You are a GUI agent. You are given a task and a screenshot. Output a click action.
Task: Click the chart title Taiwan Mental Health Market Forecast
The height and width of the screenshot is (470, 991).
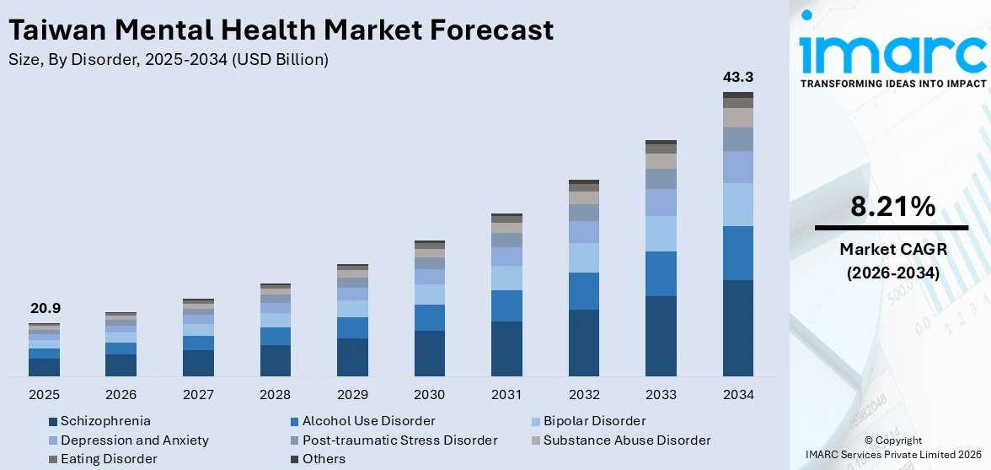coord(281,30)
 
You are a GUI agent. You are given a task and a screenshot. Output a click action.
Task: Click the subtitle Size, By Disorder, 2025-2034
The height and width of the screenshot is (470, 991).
coord(168,60)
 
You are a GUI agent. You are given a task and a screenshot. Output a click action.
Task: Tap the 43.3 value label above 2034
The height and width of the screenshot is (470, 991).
coord(737,77)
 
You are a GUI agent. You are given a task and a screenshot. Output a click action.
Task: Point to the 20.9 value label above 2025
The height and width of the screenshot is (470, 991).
coord(44,309)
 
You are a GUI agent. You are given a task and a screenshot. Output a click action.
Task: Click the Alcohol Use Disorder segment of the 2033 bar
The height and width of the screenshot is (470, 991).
coord(661,273)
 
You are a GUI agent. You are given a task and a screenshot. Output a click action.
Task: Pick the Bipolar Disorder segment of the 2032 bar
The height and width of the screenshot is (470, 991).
coord(583,257)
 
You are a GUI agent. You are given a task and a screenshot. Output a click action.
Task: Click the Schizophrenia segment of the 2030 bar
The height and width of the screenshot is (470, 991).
coord(429,353)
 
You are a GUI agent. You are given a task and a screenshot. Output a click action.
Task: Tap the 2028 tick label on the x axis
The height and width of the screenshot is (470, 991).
coord(276,395)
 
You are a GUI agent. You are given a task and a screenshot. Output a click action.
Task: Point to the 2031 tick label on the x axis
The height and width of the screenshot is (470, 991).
coord(506,395)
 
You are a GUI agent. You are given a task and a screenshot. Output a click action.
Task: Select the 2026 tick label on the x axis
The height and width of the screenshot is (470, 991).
coord(121,395)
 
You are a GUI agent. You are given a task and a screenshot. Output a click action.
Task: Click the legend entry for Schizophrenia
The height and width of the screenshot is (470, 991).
coord(105,420)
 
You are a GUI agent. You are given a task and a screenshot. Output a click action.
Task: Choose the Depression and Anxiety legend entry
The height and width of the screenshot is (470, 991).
coord(134,440)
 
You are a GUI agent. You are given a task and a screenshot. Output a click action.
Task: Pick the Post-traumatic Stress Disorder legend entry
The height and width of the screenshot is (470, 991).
coord(399,440)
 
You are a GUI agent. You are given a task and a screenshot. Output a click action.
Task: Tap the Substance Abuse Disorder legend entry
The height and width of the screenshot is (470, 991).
coord(627,440)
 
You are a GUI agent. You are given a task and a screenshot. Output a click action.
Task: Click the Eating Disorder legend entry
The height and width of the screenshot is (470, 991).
coord(109,459)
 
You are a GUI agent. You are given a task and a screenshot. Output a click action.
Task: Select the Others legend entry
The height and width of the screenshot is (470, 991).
coord(324,459)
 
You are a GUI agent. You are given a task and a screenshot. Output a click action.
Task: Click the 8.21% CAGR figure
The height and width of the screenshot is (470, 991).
coord(892,206)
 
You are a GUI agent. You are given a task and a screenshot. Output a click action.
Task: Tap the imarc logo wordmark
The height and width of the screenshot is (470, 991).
coord(892,52)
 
